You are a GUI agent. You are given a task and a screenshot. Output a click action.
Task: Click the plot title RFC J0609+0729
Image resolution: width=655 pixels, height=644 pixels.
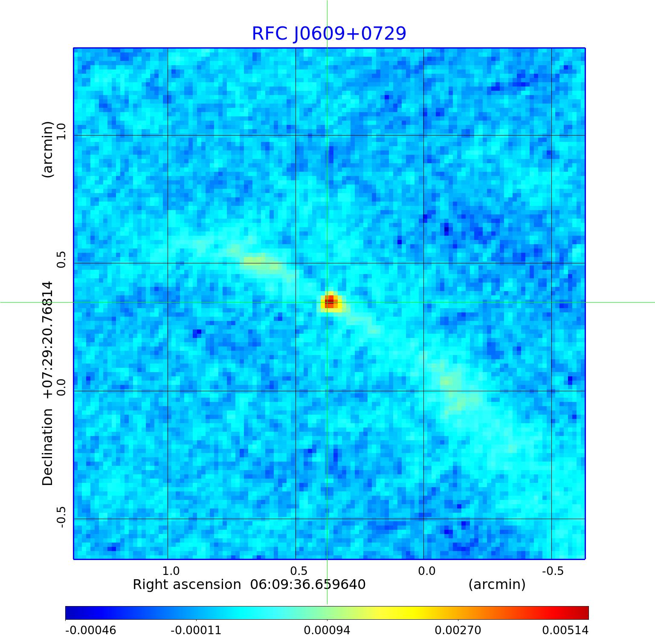(x=329, y=34)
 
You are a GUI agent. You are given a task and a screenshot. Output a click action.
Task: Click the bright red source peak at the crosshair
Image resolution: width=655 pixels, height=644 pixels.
(x=330, y=302)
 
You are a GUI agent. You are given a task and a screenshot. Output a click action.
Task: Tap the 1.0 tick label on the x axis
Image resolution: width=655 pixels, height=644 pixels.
(x=171, y=571)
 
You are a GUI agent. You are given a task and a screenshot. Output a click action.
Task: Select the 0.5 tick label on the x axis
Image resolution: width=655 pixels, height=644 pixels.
(x=299, y=571)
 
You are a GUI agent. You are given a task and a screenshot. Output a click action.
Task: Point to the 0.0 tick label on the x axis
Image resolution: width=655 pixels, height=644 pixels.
(x=426, y=571)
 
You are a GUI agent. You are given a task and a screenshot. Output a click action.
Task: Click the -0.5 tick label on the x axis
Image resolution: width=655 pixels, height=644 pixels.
(x=553, y=571)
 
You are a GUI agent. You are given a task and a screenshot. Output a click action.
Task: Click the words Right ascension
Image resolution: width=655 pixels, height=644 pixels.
(x=187, y=584)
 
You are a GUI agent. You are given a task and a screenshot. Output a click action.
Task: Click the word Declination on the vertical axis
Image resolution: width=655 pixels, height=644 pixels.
(x=48, y=447)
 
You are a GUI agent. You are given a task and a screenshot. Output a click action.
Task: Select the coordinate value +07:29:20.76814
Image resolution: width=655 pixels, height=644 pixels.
(x=48, y=340)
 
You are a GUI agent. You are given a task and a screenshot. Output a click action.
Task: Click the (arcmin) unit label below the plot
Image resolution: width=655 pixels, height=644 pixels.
(x=497, y=584)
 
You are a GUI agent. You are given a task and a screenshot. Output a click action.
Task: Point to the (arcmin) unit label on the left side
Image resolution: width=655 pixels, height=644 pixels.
(x=48, y=149)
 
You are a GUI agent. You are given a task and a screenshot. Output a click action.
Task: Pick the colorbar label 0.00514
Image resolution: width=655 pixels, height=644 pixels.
(x=565, y=630)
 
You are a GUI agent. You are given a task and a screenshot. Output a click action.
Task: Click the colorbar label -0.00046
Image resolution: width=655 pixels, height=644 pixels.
(x=90, y=630)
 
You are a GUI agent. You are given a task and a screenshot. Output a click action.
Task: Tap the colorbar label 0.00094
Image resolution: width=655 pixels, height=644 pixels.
(x=327, y=630)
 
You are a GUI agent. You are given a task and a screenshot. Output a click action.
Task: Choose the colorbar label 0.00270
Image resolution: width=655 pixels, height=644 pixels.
(x=458, y=630)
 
